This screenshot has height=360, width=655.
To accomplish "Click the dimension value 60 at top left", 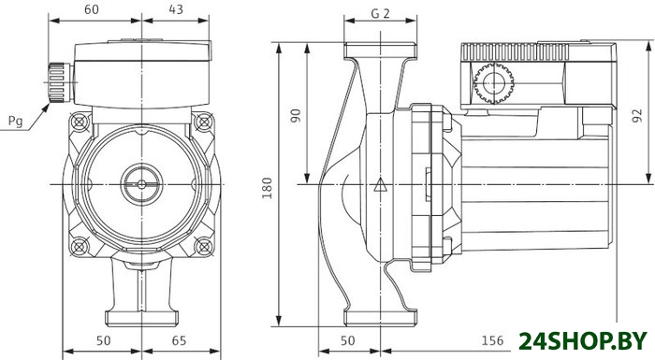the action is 92,9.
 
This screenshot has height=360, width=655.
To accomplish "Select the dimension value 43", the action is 176,9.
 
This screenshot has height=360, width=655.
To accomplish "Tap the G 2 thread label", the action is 380,14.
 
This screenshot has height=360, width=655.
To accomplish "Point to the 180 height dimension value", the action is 268,188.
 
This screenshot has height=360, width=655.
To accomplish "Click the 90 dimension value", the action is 296,115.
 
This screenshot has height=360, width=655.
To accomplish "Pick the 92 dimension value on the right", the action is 636,116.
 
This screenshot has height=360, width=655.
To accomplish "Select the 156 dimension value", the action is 492,340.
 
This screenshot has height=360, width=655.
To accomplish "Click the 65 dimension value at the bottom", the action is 179,340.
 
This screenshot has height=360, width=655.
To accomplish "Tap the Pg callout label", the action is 16,122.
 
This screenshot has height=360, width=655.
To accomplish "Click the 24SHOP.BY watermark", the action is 583,341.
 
